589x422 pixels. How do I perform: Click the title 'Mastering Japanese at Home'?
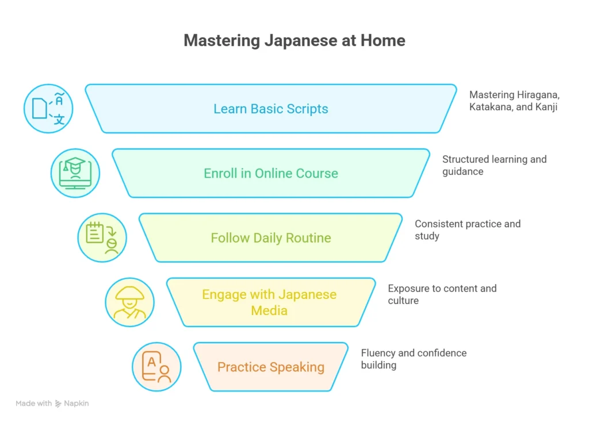point(294,41)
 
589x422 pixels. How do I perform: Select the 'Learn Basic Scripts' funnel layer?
point(270,109)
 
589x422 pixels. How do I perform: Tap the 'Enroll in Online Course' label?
point(270,173)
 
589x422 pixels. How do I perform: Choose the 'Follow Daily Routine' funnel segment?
point(270,237)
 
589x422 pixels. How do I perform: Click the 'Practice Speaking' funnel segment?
point(270,367)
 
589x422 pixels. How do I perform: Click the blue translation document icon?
point(48,109)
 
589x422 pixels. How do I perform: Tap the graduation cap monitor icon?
point(75,173)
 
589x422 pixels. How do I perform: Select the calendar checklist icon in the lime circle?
point(102,237)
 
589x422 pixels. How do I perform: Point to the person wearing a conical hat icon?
point(129,302)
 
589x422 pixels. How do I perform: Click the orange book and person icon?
point(156,367)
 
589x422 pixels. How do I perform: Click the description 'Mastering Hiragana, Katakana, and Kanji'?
point(514,101)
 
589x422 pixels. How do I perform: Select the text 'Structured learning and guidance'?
point(494,165)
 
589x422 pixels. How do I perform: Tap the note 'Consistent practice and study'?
point(467,229)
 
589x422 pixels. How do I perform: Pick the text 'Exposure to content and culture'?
point(442,294)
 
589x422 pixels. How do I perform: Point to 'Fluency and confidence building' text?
point(414,359)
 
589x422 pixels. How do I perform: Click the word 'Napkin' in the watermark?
point(77,404)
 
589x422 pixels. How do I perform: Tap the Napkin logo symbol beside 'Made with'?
point(58,404)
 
